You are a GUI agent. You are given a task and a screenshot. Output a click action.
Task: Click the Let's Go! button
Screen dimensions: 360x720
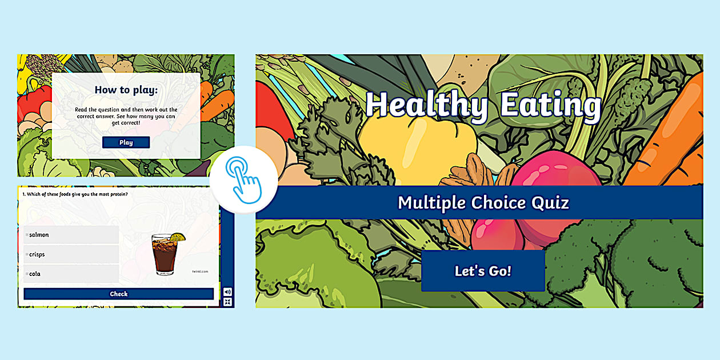point(483,271)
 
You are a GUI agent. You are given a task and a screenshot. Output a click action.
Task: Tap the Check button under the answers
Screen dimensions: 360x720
point(119,294)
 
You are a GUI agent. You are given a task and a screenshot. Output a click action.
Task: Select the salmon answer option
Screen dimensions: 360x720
point(71,235)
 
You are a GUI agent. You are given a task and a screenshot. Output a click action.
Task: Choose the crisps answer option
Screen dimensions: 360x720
point(71,254)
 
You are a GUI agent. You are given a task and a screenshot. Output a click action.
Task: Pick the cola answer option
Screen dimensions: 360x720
point(71,274)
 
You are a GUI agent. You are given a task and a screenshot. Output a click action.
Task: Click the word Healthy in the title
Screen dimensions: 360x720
point(426,106)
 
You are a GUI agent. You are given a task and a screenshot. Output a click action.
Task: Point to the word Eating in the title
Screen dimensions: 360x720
point(550,106)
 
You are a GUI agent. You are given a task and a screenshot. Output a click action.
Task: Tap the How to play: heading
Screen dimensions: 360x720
point(126,90)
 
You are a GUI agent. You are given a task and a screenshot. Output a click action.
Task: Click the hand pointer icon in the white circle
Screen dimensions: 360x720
point(243,179)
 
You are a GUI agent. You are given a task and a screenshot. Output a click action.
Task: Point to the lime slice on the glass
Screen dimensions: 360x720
point(178,237)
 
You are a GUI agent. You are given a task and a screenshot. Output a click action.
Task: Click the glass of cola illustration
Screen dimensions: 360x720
point(164,256)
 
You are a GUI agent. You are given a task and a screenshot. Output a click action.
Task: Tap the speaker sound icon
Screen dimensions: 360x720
point(227,291)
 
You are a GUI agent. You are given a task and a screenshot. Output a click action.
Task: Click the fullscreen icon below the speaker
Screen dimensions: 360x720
point(227,302)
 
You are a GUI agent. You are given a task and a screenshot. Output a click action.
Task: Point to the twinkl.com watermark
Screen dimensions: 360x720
point(200,271)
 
